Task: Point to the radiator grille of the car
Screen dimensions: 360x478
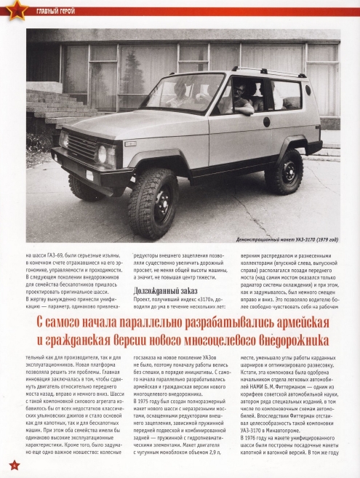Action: (x=80, y=148)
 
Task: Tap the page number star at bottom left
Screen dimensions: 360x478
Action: (x=11, y=464)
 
